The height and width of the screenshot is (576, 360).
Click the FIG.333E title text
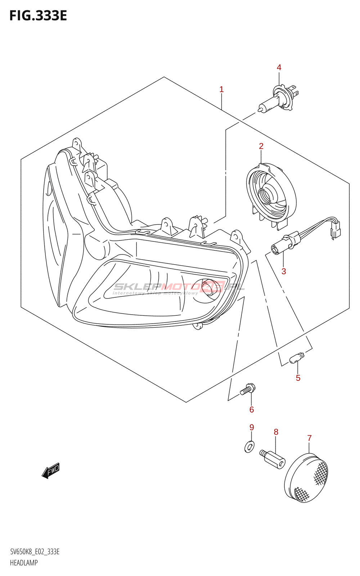[38, 16]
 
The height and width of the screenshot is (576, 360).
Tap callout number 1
[222, 89]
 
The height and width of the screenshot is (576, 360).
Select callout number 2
[261, 146]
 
